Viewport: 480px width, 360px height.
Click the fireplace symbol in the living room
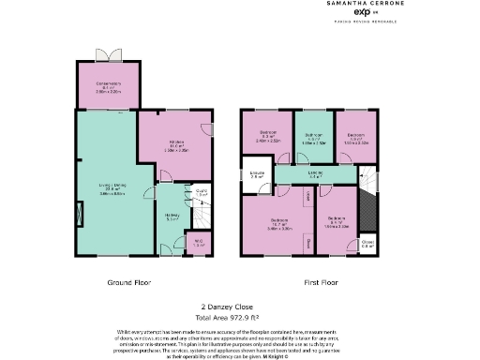(79, 216)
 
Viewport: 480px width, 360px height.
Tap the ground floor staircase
(201, 215)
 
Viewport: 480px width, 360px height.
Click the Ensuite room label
(257, 174)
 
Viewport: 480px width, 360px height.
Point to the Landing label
(316, 174)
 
